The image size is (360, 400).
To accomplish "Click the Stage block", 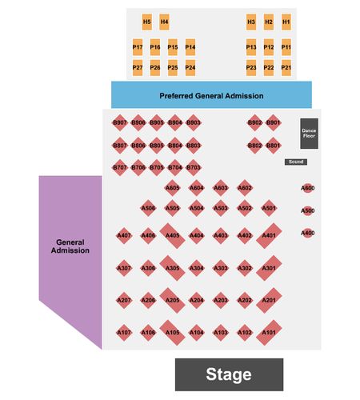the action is [x=229, y=374].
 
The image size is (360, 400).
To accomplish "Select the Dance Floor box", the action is [x=309, y=134].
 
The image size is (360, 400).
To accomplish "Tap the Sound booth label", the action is [x=296, y=162].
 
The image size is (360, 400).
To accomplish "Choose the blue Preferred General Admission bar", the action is [x=211, y=95].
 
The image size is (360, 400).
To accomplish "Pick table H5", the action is [x=147, y=22].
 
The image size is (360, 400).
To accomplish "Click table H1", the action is [x=286, y=22].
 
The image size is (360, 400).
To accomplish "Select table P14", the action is [x=190, y=47].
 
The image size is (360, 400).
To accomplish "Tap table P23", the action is [x=251, y=67].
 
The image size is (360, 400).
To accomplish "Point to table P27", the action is [x=138, y=67].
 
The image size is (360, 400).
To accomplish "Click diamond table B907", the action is [x=120, y=122].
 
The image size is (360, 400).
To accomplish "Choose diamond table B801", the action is [x=273, y=146].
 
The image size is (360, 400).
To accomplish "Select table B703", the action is [x=193, y=167].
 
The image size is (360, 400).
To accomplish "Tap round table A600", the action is [x=307, y=188].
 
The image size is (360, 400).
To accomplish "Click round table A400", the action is [x=307, y=233].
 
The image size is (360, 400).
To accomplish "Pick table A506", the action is [x=148, y=208].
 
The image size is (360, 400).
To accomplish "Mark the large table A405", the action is [x=172, y=236].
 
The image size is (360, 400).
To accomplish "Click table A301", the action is [x=269, y=268].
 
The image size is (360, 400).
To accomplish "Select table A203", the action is [x=221, y=300].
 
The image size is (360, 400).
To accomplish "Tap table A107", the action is [x=124, y=333].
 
